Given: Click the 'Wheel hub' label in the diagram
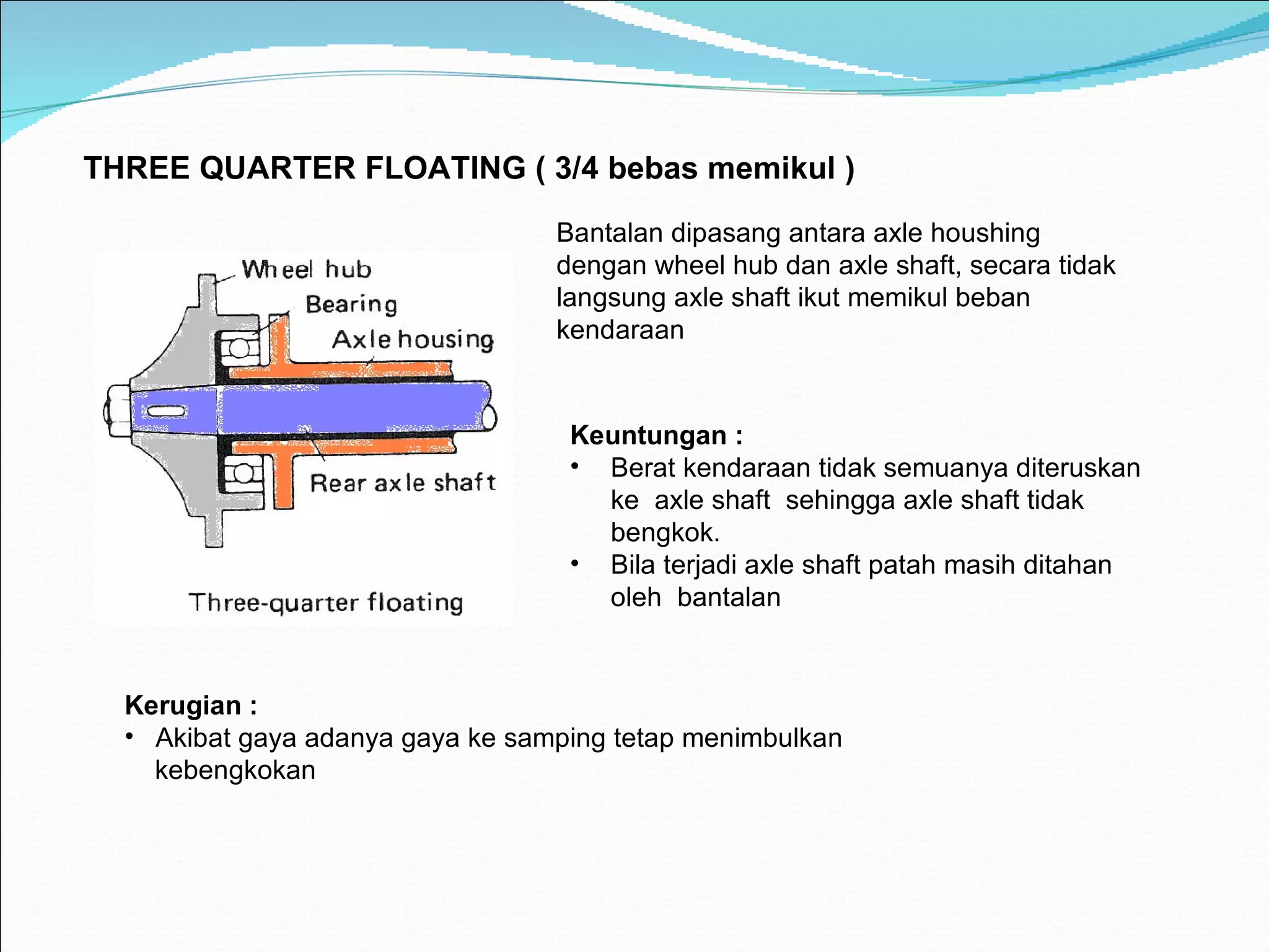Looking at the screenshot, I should tap(307, 270).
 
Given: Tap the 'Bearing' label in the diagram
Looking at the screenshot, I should tap(351, 304).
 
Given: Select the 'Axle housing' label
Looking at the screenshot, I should tap(413, 340).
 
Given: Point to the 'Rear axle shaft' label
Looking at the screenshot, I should tap(403, 483).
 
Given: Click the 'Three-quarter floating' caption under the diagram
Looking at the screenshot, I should tap(326, 602).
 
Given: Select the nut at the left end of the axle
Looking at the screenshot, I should tap(116, 411).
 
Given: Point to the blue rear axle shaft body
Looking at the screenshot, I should tap(347, 408).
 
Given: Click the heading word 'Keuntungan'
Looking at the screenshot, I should tap(648, 436).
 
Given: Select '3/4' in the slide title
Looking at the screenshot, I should tap(577, 169).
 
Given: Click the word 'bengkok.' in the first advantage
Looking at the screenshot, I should tap(665, 533).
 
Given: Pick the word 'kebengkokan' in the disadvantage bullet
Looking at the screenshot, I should tap(235, 770).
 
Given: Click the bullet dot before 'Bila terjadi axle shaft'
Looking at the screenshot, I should tap(575, 563).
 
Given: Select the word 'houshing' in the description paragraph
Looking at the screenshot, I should tap(985, 234).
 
